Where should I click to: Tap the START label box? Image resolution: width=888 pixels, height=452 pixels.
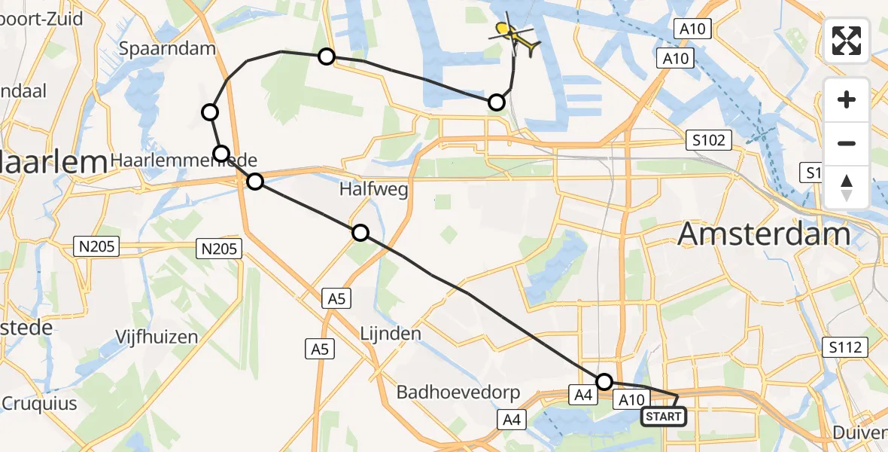663,417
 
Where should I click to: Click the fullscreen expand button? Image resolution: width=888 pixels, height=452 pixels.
847,41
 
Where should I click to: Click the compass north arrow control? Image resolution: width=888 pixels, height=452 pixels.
847,188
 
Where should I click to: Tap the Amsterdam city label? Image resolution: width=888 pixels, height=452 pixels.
764,234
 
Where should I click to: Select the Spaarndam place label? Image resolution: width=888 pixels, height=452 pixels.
167,48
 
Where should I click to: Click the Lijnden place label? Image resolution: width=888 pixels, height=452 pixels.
390,332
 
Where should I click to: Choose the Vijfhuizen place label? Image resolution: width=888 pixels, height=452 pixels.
157,336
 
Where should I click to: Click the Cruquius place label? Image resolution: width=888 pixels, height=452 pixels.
39,403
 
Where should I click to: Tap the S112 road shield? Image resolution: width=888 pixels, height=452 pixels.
845,347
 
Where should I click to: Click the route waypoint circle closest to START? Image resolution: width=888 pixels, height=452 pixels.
604,382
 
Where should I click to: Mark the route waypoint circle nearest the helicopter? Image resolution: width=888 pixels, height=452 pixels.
497,102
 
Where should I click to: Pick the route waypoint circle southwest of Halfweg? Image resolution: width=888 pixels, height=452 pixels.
360,233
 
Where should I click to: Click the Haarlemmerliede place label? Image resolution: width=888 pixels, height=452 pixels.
184,160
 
